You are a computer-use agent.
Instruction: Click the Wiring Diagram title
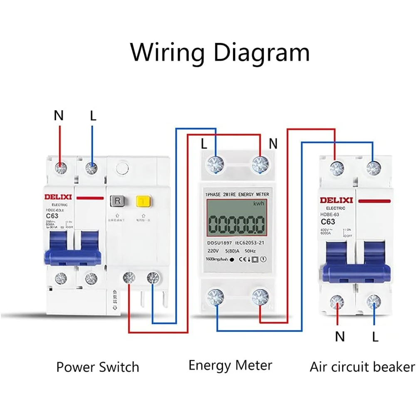[x=220, y=53]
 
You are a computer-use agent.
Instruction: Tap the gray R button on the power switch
[x=117, y=201]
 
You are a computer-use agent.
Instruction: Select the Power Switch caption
[x=97, y=367]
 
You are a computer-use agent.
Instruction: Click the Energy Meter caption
[x=230, y=366]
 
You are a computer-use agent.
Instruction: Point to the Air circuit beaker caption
[x=362, y=367]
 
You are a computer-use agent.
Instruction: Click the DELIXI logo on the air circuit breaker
[x=336, y=200]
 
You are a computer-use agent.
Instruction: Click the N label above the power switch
[x=59, y=116]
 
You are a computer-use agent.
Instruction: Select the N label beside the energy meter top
[x=273, y=144]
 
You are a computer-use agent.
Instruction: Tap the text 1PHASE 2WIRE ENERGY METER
[x=237, y=194]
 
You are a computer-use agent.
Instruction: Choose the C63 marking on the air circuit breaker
[x=328, y=221]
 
